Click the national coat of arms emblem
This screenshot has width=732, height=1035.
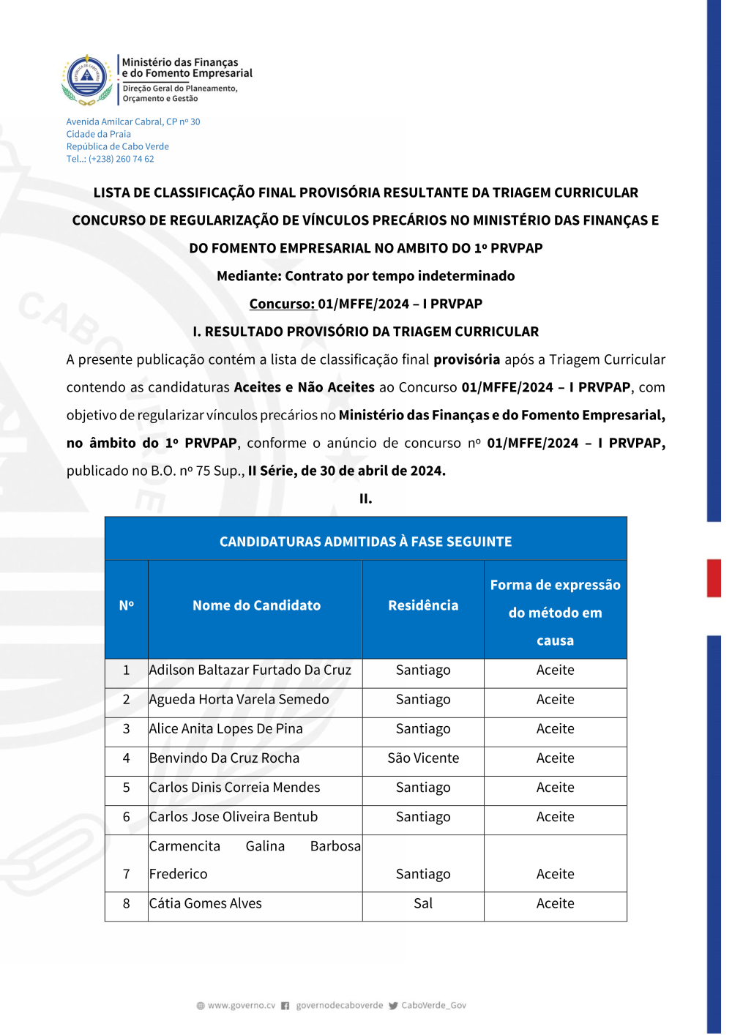click(87, 79)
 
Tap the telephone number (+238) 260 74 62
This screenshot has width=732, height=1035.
click(121, 159)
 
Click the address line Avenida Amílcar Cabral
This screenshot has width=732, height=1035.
click(132, 122)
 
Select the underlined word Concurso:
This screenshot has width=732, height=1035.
click(283, 304)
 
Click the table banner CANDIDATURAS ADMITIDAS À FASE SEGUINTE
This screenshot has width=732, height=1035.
click(365, 542)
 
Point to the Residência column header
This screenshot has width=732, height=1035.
click(423, 605)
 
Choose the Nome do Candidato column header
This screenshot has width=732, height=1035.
click(256, 605)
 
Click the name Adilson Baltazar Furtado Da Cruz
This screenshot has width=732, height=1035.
click(250, 670)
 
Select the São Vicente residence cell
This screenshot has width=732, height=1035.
click(423, 758)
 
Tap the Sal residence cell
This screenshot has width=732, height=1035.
click(423, 903)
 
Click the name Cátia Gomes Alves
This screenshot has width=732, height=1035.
click(206, 903)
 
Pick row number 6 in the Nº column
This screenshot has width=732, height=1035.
click(127, 817)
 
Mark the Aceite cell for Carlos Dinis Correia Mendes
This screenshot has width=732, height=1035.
click(555, 788)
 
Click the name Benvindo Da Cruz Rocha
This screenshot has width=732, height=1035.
click(225, 758)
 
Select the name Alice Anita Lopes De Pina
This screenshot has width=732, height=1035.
click(226, 729)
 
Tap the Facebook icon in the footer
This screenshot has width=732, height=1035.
click(285, 1006)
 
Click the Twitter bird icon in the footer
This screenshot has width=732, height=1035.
click(393, 1006)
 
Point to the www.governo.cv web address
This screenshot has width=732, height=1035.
click(242, 1006)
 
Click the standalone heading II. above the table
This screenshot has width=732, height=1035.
click(365, 498)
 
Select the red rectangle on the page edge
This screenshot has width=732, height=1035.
click(714, 578)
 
